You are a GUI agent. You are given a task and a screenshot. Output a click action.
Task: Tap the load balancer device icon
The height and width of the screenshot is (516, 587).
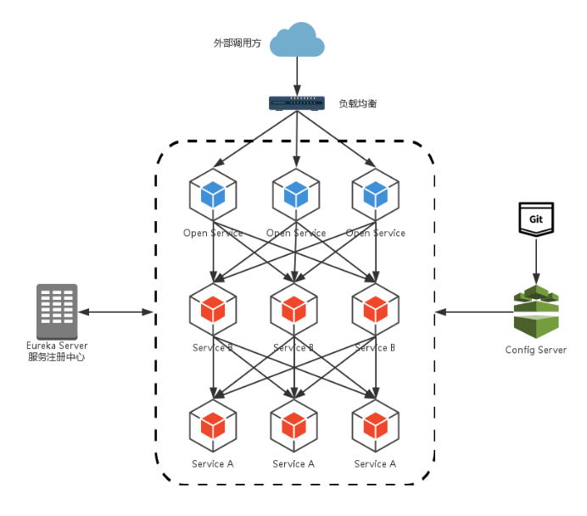(x=297, y=103)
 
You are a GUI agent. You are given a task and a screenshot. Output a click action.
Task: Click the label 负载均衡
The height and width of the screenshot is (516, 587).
(x=357, y=104)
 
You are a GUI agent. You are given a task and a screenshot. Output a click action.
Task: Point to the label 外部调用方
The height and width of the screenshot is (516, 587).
(x=237, y=42)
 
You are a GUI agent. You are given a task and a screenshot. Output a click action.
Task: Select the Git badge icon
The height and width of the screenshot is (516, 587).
(x=536, y=219)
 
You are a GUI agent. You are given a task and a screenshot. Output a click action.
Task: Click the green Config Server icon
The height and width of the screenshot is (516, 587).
(x=536, y=312)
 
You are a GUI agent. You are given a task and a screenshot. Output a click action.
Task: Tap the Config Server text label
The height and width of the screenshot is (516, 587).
(x=536, y=350)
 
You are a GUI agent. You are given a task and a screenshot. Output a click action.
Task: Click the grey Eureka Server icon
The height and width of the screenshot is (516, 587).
(x=57, y=311)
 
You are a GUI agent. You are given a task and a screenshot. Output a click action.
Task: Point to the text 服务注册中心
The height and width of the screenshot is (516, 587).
(x=57, y=358)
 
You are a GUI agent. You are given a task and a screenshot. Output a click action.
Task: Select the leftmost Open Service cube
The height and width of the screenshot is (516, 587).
(x=213, y=194)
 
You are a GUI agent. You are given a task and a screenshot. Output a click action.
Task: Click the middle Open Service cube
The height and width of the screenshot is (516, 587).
(x=296, y=194)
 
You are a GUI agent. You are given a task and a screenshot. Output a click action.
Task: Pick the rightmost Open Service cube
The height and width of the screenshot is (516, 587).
(x=376, y=194)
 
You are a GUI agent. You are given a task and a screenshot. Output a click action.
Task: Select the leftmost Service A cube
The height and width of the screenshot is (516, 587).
(x=213, y=424)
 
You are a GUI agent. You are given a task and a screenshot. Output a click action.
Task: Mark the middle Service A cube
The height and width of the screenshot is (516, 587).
(x=294, y=424)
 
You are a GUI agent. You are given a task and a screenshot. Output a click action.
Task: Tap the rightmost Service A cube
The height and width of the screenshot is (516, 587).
(x=376, y=424)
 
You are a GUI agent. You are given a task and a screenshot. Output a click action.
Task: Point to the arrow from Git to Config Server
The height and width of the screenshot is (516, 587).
(x=536, y=259)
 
